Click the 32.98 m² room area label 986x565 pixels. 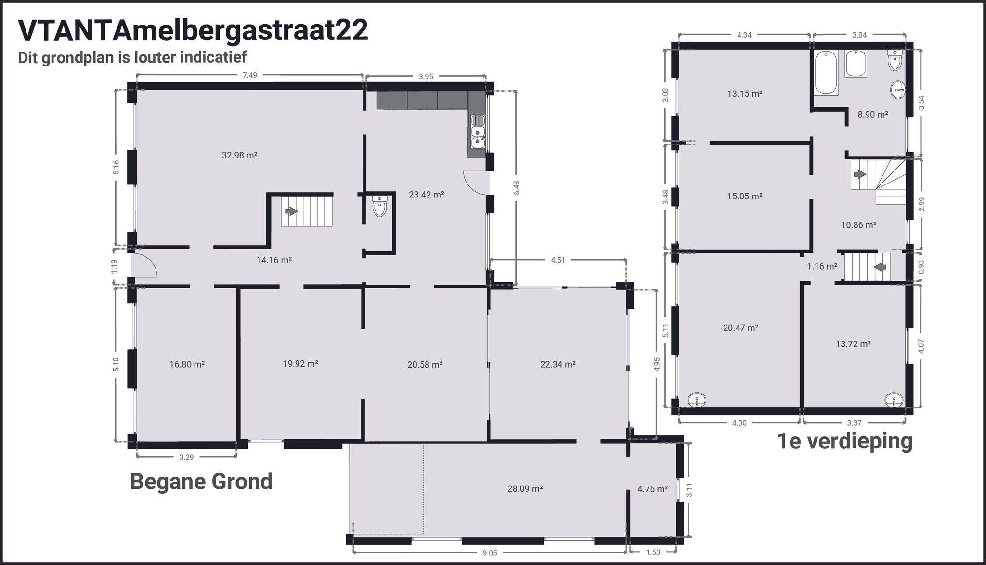tap(239, 155)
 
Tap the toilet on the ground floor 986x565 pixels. tap(379, 206)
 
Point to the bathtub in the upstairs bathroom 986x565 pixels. tap(826, 73)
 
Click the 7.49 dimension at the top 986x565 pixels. tap(249, 75)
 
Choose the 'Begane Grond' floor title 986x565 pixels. tap(201, 481)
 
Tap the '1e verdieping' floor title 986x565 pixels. tap(845, 441)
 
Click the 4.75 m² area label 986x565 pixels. tap(652, 489)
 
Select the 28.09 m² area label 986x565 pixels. tap(525, 489)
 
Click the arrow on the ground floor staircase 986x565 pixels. tap(291, 211)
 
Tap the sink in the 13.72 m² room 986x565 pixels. tap(895, 400)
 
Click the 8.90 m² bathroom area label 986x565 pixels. tap(872, 115)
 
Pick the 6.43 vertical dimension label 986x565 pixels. tap(517, 188)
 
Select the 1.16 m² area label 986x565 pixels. tap(822, 266)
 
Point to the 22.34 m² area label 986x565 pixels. tap(558, 364)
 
